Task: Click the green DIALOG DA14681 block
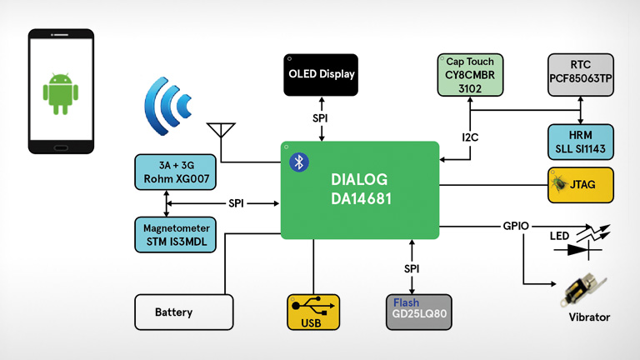click(360, 190)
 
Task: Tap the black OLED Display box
click(321, 74)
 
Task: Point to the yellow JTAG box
click(581, 185)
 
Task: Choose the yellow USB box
click(313, 312)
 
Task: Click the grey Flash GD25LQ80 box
click(421, 312)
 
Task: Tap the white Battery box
click(184, 312)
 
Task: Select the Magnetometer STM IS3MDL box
click(175, 234)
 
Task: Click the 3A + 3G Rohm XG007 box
click(175, 170)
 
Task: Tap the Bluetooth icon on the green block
click(298, 162)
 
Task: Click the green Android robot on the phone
click(58, 92)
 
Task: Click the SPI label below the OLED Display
click(321, 118)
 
